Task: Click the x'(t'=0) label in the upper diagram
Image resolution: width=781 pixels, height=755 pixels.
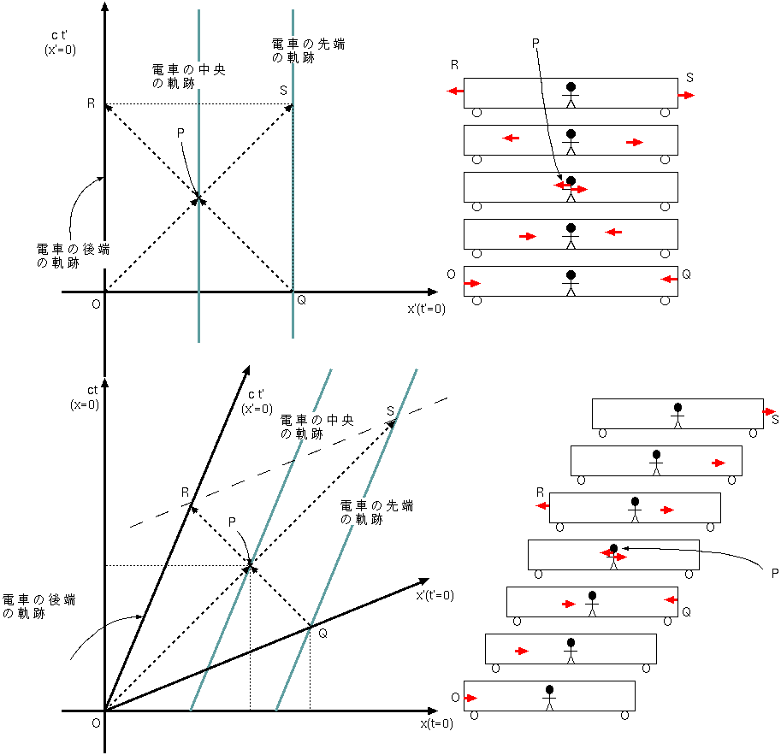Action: tap(426, 309)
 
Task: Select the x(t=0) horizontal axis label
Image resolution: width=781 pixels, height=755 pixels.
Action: tap(435, 723)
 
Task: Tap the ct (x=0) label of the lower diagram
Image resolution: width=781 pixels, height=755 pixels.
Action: tap(85, 398)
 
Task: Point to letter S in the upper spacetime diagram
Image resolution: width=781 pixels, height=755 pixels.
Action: tap(283, 90)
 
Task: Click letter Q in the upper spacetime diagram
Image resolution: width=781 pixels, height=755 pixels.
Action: tap(301, 300)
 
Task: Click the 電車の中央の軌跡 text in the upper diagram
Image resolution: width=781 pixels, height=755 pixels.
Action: tap(168, 75)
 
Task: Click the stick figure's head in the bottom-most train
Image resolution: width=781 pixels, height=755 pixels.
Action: tap(549, 690)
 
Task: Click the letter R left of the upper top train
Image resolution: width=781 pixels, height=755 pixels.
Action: tap(455, 65)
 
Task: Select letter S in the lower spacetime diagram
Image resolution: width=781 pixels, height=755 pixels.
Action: tap(390, 411)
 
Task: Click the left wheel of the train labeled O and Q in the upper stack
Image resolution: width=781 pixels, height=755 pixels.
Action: tap(477, 300)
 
